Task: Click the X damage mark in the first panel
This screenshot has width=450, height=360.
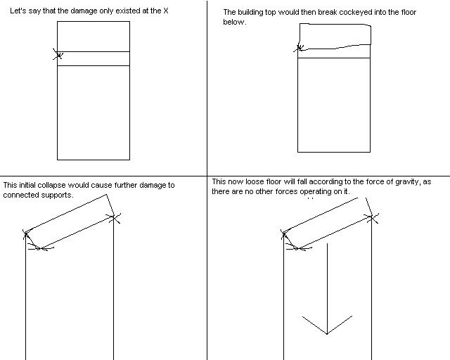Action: pos(58,54)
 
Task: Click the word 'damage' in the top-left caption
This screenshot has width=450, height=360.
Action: pos(84,11)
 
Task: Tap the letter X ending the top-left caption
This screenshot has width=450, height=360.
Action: pos(166,11)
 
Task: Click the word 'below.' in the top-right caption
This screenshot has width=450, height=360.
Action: pos(235,22)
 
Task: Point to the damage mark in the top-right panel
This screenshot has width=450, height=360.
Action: pos(300,47)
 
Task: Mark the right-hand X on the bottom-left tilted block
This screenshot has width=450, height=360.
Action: pos(114,218)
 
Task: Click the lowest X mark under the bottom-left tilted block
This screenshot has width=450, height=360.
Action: pos(41,247)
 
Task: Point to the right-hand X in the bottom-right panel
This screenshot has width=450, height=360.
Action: pos(372,218)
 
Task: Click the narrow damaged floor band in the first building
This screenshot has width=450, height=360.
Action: pos(94,58)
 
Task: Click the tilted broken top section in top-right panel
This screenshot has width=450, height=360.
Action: pos(335,36)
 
